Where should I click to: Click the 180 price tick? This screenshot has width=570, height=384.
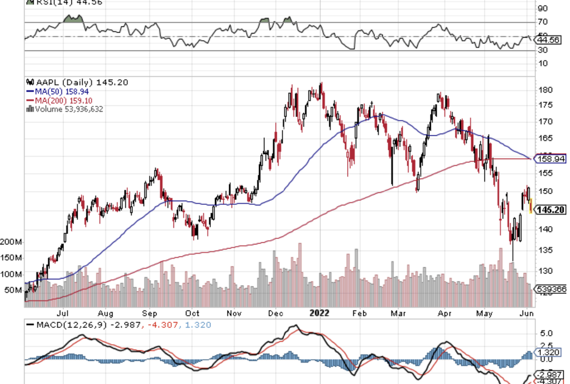545,90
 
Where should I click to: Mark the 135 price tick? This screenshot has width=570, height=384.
545,250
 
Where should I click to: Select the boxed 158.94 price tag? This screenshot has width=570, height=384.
550,158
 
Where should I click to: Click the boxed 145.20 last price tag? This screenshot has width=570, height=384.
551,210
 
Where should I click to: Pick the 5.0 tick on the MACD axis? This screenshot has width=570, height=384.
545,334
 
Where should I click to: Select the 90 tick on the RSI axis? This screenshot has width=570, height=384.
543,9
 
